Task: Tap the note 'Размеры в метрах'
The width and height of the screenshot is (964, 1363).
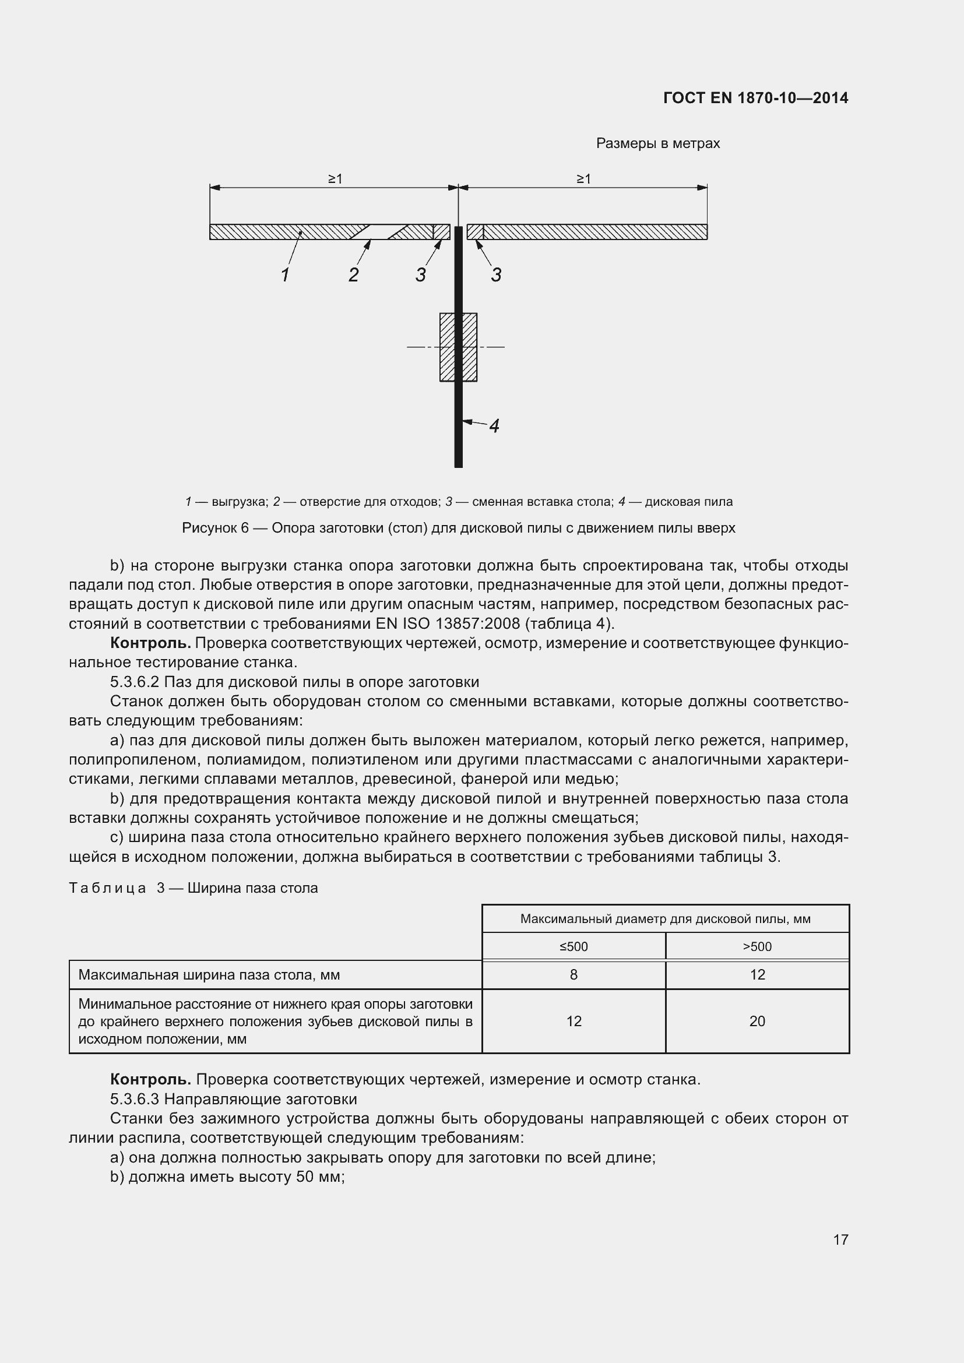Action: click(657, 144)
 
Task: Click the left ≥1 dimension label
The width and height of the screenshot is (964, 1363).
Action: click(335, 179)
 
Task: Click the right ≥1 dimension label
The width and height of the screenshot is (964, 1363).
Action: click(583, 179)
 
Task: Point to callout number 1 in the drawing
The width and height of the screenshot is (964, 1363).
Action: click(285, 275)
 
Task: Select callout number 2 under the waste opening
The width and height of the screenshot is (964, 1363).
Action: click(353, 275)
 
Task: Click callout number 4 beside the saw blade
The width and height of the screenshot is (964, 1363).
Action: click(494, 425)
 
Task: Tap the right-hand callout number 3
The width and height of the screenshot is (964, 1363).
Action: click(495, 275)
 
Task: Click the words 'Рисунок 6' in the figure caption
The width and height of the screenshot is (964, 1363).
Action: click(215, 528)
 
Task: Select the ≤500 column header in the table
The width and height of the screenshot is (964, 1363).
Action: click(574, 946)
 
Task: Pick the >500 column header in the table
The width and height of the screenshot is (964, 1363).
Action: click(757, 946)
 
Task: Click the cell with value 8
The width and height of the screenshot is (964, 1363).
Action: click(574, 975)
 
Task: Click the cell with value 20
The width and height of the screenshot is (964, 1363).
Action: click(757, 1021)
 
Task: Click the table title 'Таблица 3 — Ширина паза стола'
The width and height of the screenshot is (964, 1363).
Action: click(193, 888)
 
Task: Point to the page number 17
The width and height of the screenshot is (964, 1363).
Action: click(840, 1239)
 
